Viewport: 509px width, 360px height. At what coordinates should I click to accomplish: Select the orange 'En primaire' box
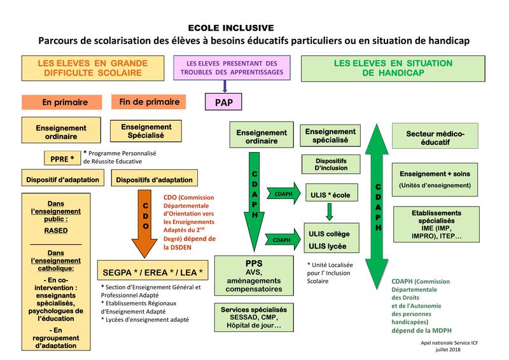pos(63,102)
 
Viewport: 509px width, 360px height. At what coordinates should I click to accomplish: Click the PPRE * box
pos(62,157)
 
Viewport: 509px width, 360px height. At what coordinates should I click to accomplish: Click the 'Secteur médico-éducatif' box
pos(435,138)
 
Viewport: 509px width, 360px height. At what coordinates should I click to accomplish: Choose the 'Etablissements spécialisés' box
pos(435,224)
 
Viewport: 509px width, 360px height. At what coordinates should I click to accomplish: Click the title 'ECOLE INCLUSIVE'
pos(231,27)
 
